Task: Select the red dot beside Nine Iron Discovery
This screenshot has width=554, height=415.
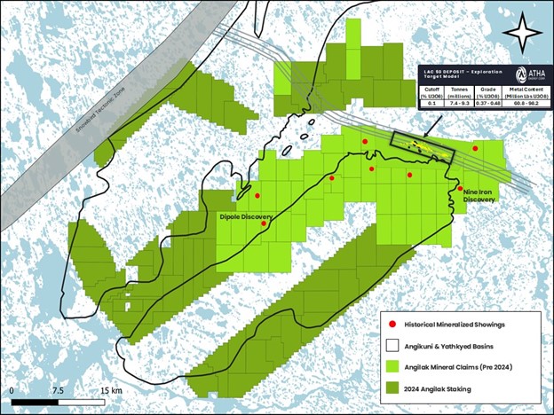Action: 460,187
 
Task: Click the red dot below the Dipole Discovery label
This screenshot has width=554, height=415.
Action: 264,223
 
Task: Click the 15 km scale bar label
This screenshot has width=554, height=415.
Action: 111,390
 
